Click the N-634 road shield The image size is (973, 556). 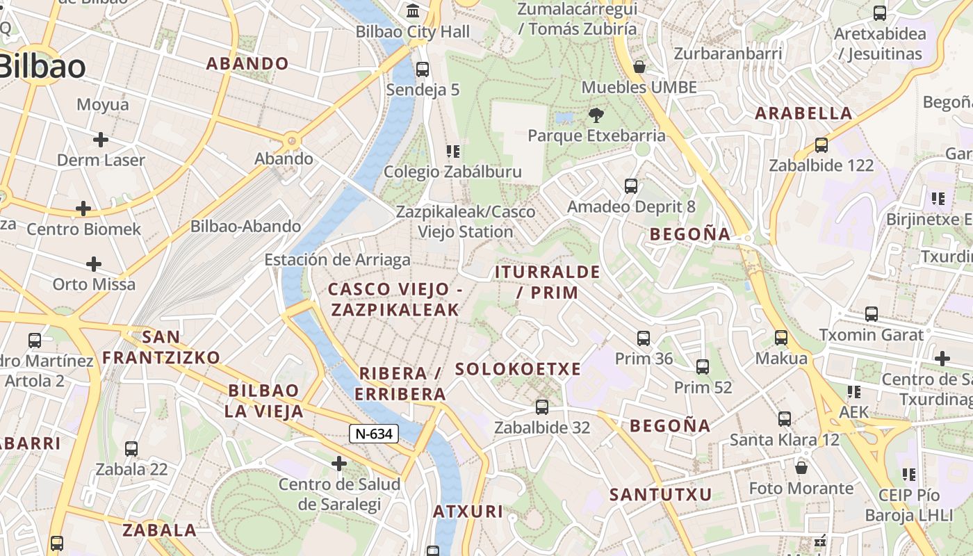(x=374, y=434)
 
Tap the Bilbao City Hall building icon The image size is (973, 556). (x=414, y=11)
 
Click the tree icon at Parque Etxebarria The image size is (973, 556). (x=596, y=115)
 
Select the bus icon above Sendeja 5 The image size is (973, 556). (x=423, y=69)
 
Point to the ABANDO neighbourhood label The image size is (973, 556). (x=247, y=63)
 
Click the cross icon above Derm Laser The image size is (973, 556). (x=101, y=140)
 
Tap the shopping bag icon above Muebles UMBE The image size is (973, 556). (x=639, y=67)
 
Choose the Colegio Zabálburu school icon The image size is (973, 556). (x=453, y=152)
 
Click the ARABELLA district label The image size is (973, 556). (x=803, y=113)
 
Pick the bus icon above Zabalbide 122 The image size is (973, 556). (x=821, y=145)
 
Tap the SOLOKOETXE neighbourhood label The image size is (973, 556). (x=518, y=369)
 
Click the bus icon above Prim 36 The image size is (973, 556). (x=644, y=338)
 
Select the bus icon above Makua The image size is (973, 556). (x=781, y=338)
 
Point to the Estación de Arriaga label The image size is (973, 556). (x=337, y=260)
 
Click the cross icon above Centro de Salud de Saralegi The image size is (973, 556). (x=339, y=463)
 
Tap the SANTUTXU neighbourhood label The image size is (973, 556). (x=660, y=495)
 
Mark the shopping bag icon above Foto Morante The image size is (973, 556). (x=801, y=468)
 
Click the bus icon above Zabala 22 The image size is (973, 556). (x=131, y=449)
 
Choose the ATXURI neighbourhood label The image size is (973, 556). (x=468, y=512)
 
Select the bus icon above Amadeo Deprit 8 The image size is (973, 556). (x=631, y=186)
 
